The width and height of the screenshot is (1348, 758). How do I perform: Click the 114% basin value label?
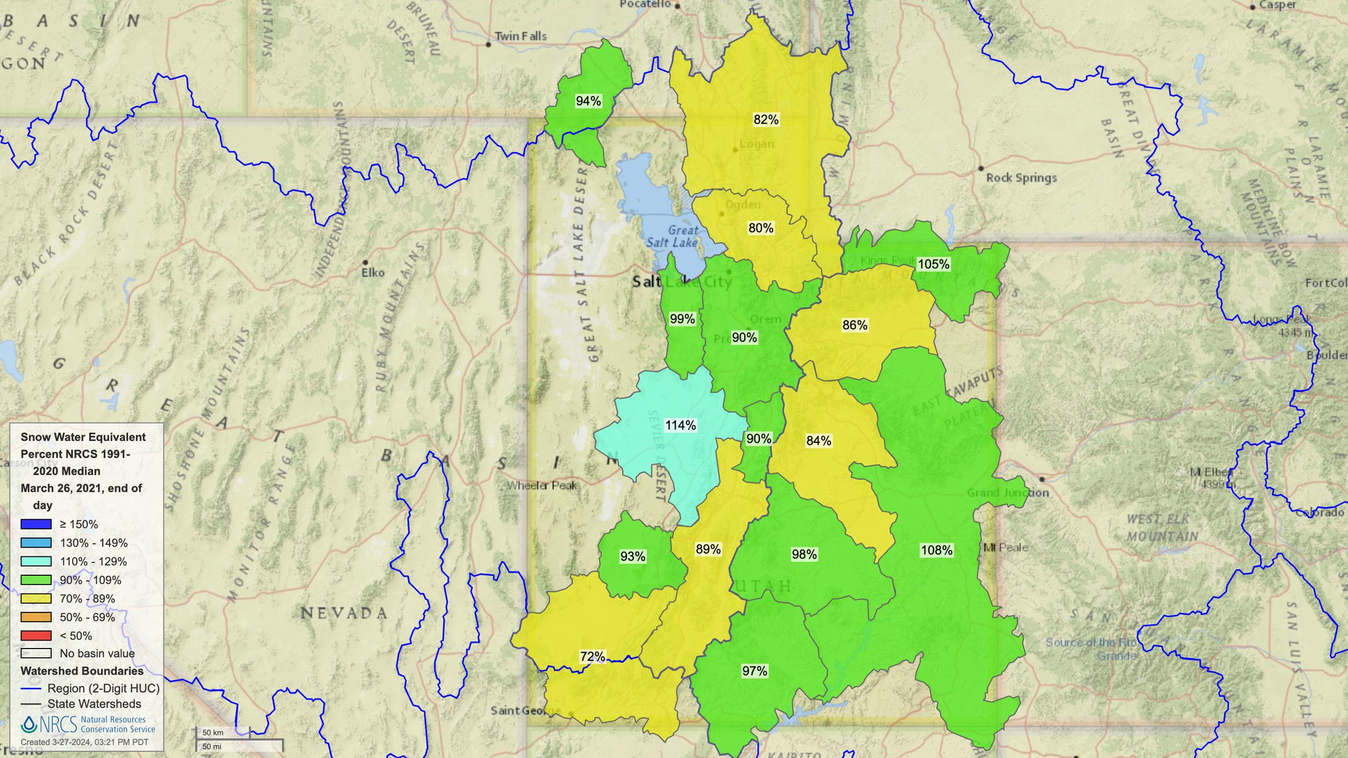tap(680, 425)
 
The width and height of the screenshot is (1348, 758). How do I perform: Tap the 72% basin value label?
tap(592, 657)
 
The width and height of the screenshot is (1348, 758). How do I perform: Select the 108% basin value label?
tap(937, 550)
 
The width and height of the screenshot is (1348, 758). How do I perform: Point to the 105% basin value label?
tap(933, 264)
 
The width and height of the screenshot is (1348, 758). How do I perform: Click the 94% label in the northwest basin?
tap(588, 101)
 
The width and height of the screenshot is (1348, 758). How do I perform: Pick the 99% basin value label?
tap(682, 319)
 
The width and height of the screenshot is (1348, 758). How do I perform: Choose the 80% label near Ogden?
tap(760, 228)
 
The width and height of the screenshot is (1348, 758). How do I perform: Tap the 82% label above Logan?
tap(766, 120)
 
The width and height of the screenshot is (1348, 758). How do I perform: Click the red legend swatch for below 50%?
tap(36, 636)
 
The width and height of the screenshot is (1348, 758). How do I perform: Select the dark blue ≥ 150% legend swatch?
tap(36, 524)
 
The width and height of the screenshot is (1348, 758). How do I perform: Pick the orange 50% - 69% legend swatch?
tap(36, 617)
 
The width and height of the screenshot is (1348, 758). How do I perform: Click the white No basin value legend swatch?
tap(36, 653)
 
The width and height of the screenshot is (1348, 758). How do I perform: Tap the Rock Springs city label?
tap(1021, 178)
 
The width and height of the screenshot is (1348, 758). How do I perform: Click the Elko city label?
tap(373, 273)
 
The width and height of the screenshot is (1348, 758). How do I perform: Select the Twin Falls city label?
tap(520, 37)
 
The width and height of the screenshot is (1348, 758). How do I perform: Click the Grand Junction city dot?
tap(1042, 479)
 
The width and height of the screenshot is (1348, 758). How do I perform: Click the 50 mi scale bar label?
tap(211, 747)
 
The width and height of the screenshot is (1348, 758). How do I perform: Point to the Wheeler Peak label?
tap(542, 486)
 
